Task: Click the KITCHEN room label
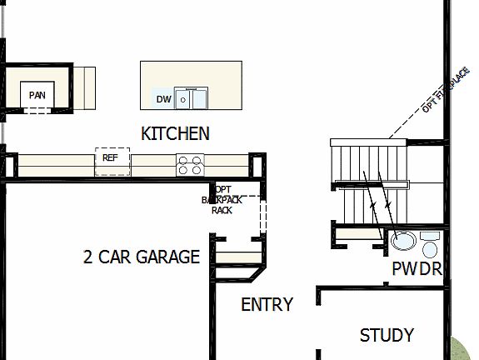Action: pyautogui.click(x=175, y=133)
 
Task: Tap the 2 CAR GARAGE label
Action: pyautogui.click(x=142, y=257)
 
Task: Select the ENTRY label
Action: pyautogui.click(x=267, y=305)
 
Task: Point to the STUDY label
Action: pyautogui.click(x=387, y=336)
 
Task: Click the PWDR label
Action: pyautogui.click(x=416, y=269)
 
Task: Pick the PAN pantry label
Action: pyautogui.click(x=37, y=95)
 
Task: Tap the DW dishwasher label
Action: pyautogui.click(x=163, y=100)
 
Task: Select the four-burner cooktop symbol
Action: pyautogui.click(x=190, y=165)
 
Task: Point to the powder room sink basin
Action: pyautogui.click(x=404, y=242)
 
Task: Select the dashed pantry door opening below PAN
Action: pyautogui.click(x=37, y=110)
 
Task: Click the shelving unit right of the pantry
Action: pyautogui.click(x=82, y=87)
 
